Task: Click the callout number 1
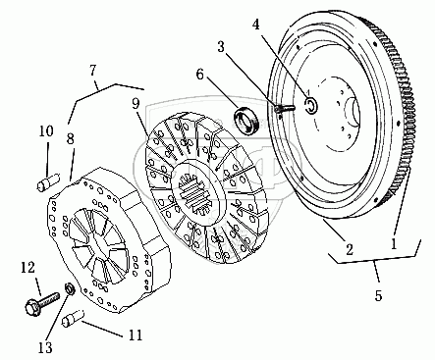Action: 394,243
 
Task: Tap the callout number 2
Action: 350,250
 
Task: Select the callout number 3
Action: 221,46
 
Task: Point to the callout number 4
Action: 256,24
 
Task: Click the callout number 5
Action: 378,295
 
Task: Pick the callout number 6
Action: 199,75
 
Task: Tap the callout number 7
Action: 93,70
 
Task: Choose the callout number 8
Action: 71,138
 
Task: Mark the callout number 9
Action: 136,104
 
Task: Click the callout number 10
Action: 46,131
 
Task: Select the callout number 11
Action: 136,334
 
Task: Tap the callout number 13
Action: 45,347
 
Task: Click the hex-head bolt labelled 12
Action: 42,304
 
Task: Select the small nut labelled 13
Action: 71,288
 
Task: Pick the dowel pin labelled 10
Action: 48,182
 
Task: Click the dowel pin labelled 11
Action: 73,318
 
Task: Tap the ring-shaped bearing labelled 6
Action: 246,120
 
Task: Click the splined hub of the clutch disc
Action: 197,194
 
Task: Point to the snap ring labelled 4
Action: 310,104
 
